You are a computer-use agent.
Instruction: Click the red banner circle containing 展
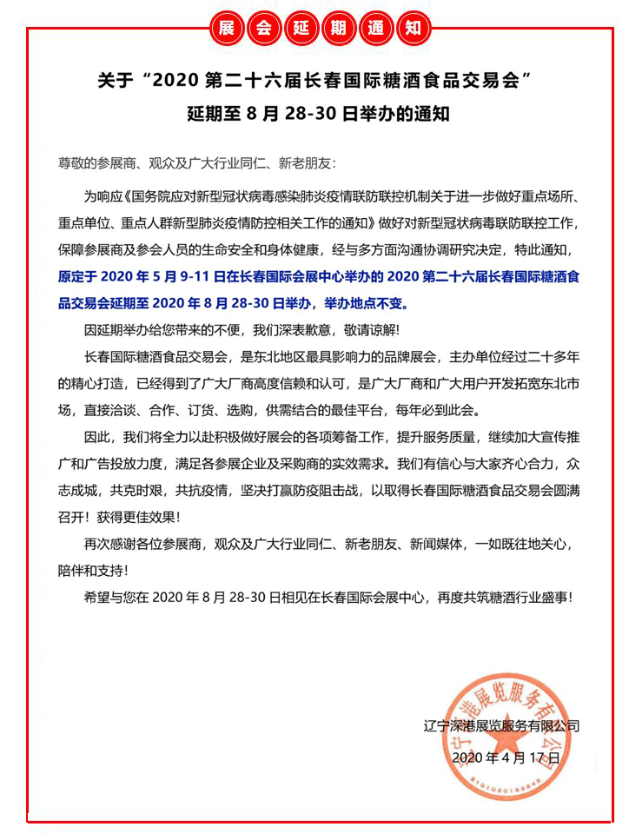[x=228, y=29]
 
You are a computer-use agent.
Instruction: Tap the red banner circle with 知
[x=412, y=29]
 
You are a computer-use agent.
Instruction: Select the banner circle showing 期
[x=338, y=29]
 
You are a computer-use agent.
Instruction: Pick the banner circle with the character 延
[x=301, y=29]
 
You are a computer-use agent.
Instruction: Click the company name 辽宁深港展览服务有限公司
[x=507, y=725]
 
